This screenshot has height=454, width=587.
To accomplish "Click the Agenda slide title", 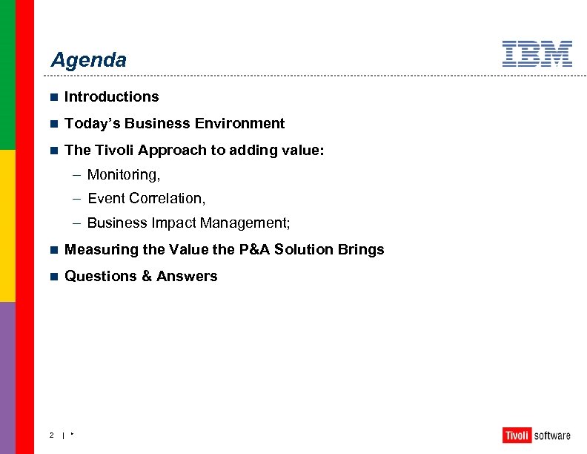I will coord(88,60).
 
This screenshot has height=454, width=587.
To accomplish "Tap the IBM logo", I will coord(537,54).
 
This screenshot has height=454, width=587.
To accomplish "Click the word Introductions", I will coord(111,96).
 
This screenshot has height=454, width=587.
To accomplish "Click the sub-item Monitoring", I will coord(123,175).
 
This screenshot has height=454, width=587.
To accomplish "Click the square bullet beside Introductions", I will coord(53,96).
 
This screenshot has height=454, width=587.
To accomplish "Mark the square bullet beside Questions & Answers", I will coord(53,276).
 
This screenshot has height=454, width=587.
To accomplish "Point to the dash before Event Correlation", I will coord(77,198).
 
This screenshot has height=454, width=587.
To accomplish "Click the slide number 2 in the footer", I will coord(51,435).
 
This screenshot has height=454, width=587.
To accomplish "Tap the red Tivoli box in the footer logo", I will coord(516,435).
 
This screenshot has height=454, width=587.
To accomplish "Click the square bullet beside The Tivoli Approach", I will coord(53,150).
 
